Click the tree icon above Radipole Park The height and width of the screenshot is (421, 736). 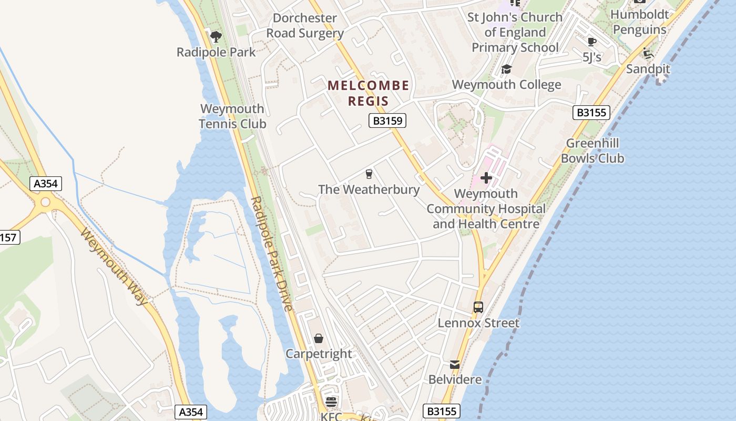click(x=216, y=36)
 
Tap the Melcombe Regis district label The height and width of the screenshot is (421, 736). click(x=368, y=93)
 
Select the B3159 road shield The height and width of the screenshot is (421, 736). click(x=387, y=121)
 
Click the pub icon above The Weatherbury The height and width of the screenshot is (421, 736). click(x=369, y=174)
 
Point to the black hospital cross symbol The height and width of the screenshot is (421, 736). click(x=486, y=178)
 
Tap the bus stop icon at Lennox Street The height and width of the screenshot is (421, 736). click(x=478, y=307)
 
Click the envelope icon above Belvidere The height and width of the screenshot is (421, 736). click(x=454, y=364)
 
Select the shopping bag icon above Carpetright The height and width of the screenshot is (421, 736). click(x=318, y=338)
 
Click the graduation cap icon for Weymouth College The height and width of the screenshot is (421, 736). click(x=506, y=69)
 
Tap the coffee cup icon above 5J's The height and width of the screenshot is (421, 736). click(x=591, y=42)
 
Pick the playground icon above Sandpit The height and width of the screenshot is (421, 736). click(x=648, y=53)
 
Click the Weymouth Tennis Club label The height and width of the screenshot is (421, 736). click(x=232, y=116)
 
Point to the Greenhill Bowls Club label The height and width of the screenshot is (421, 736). click(x=592, y=151)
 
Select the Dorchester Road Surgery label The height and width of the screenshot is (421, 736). click(x=305, y=25)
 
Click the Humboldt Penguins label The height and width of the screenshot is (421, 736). click(x=640, y=22)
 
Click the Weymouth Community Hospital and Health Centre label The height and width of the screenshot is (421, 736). click(x=486, y=209)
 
